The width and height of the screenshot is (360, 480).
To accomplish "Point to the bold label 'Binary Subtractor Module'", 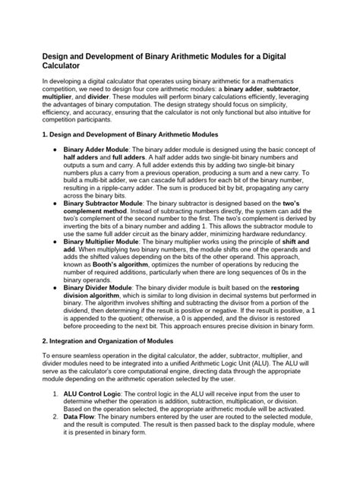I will coord(110,204).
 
